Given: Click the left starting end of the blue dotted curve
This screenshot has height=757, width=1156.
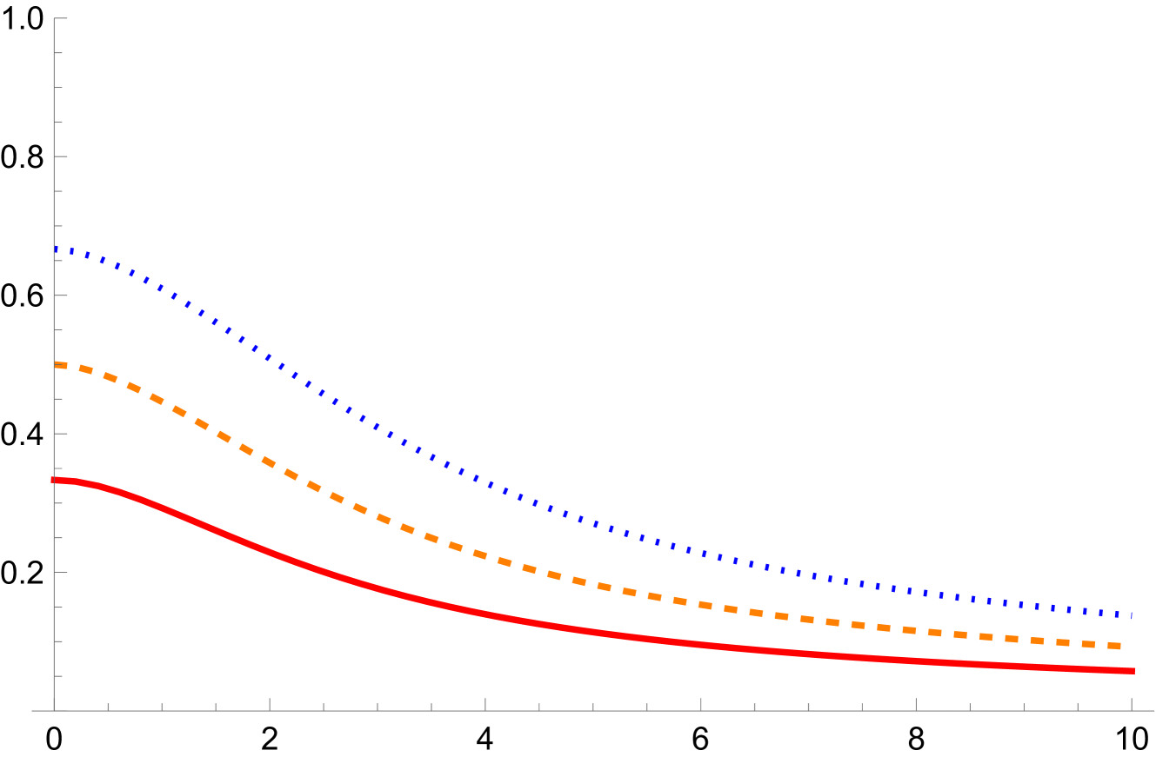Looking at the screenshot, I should coord(56,249).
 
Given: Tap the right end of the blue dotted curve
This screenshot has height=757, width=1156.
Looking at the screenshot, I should coord(1132,615).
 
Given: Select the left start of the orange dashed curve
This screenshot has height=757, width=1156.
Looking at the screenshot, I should coord(56,364).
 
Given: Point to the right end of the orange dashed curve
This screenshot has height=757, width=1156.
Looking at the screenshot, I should coord(1132,647).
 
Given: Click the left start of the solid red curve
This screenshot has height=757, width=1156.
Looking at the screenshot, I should coord(54,480).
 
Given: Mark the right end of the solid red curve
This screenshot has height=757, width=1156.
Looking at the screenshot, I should coord(1133,671).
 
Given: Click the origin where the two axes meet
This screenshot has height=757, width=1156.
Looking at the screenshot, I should coord(54,711).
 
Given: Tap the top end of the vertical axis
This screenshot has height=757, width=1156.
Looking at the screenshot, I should coord(54,18).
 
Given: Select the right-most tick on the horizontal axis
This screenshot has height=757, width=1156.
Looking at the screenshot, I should coord(1132,705).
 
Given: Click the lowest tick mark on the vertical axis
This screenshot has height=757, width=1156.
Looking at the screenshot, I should coord(58,676).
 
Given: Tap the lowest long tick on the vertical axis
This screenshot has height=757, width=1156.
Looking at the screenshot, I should coord(61,572).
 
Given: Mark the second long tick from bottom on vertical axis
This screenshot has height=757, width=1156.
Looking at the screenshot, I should coord(61,434).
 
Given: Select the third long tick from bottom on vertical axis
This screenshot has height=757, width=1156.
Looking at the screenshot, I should coord(61,295).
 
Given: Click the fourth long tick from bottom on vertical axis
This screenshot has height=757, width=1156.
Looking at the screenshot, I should coord(61,156).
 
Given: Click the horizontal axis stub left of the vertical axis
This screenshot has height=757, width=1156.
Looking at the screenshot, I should coord(42,711).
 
